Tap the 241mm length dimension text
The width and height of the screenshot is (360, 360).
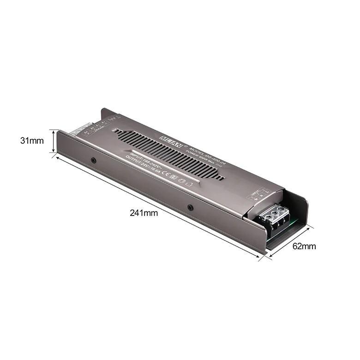pyautogui.click(x=144, y=213)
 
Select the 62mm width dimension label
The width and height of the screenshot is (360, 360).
pyautogui.click(x=304, y=246)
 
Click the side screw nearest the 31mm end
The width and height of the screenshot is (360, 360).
pyautogui.click(x=93, y=161)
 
